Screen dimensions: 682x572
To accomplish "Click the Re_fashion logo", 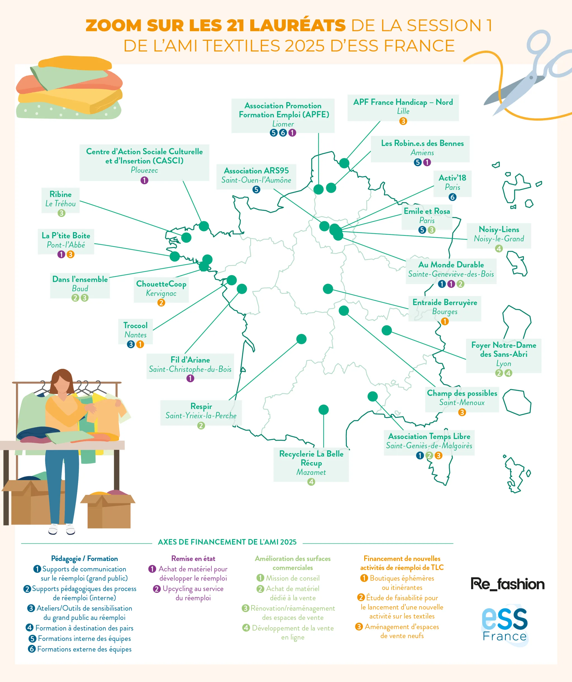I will coord(507,584).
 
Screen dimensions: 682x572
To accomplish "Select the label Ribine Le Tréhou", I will coord(60,199).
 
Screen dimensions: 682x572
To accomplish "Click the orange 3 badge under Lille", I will coord(403,121).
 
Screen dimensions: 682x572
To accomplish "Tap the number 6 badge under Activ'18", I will coord(452,197).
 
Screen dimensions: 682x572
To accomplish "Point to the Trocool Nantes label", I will coord(135,330).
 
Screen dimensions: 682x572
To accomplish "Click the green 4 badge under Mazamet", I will coord(311,482).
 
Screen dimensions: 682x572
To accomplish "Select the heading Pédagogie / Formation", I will coord(84,559).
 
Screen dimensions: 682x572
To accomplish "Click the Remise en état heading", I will coord(193,559).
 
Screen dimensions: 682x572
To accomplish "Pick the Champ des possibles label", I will coord(462,398).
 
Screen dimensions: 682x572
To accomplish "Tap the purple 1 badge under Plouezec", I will coord(144,180).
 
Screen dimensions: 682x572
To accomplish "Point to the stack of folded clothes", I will coord(69,88).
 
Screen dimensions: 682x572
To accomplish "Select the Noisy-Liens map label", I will coord(499,234).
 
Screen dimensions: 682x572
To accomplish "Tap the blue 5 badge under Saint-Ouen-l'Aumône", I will coord(256,189).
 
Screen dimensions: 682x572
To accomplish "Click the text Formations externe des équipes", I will coord(84,649).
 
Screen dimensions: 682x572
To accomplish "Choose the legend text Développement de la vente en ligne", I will coord(293,632).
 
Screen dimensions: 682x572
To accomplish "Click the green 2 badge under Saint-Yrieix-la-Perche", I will coord(201,425).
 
